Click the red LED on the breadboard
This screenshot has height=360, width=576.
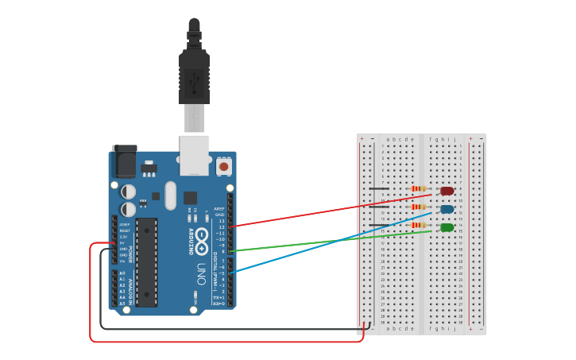447,191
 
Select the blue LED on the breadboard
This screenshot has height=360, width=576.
447,210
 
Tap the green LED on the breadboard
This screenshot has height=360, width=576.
447,228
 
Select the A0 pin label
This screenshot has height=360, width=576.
122,273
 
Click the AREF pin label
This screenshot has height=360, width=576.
220,209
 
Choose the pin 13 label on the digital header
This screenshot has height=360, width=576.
222,220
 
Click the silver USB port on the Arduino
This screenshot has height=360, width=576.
195,154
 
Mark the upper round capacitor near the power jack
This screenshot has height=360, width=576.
128,192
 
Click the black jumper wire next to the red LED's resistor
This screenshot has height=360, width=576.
380,189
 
